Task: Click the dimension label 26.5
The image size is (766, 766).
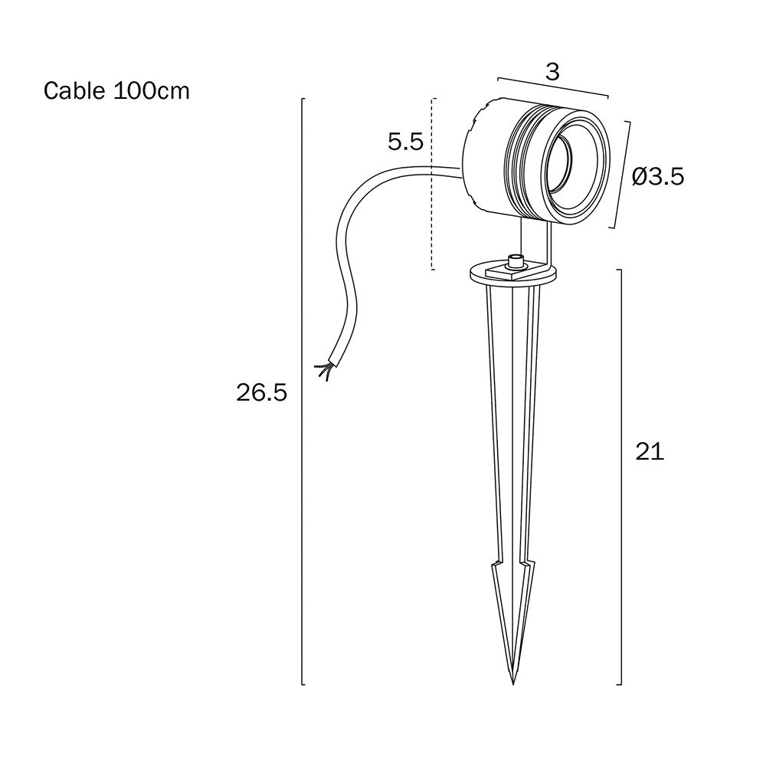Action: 261,393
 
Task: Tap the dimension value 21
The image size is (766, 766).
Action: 649,452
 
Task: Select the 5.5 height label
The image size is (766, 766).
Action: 405,142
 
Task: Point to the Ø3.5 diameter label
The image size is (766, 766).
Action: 658,177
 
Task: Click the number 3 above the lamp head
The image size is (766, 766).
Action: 552,72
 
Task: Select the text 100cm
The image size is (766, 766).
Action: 152,91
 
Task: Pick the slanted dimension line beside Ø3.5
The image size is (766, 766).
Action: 622,175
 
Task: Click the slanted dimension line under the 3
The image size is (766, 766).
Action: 552,87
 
